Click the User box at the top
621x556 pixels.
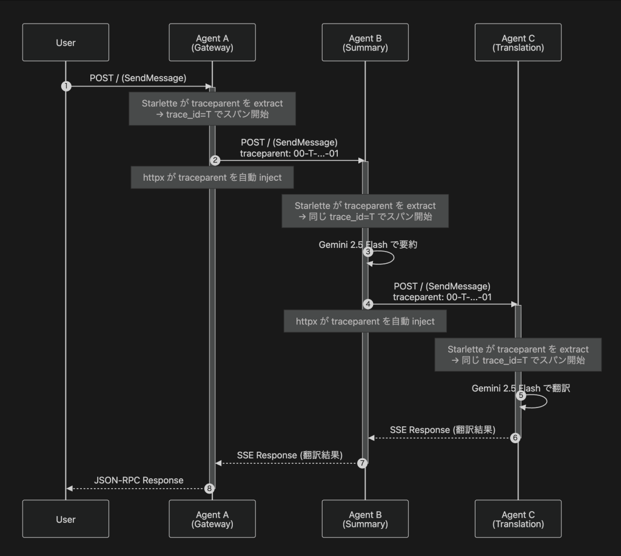65,42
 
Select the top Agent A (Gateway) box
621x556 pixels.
212,42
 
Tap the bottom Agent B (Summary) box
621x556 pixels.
365,519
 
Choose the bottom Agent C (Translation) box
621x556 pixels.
518,519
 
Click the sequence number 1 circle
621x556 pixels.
65,86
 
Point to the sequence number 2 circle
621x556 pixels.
215,160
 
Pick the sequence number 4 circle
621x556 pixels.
368,303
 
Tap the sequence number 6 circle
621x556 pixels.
515,437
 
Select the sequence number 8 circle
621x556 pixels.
210,488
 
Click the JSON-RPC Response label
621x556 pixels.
139,480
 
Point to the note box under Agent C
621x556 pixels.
518,355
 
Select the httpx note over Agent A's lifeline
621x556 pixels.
212,178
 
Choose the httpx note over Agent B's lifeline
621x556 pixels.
365,321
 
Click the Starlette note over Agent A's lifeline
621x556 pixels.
212,109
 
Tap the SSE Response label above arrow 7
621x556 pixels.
290,455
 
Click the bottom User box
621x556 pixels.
65,519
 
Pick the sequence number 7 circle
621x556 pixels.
363,463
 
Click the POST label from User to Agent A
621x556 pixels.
138,78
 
